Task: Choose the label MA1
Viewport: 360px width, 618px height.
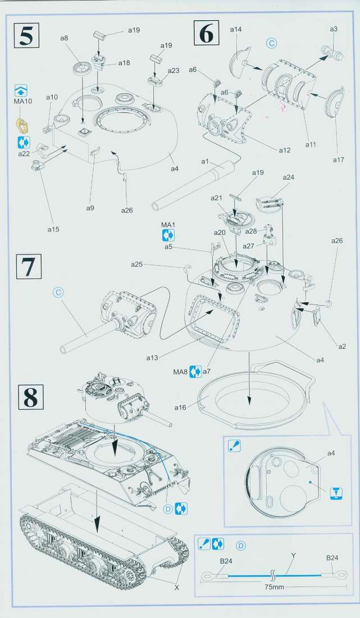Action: (x=168, y=225)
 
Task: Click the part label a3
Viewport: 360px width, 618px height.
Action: (x=334, y=29)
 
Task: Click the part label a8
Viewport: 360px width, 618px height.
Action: (x=63, y=38)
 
